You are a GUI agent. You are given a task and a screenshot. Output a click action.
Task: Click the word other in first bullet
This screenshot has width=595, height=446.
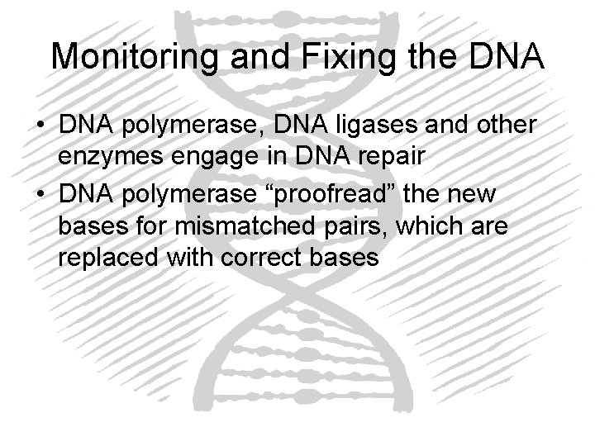click(x=503, y=126)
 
